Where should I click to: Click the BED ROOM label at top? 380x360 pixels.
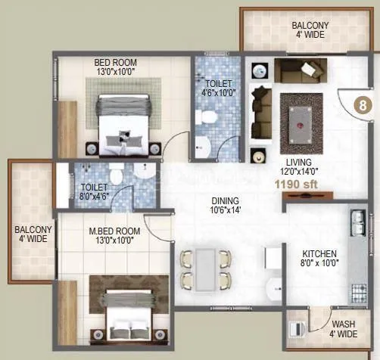click(x=115, y=63)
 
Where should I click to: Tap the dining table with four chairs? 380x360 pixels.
click(x=204, y=268)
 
